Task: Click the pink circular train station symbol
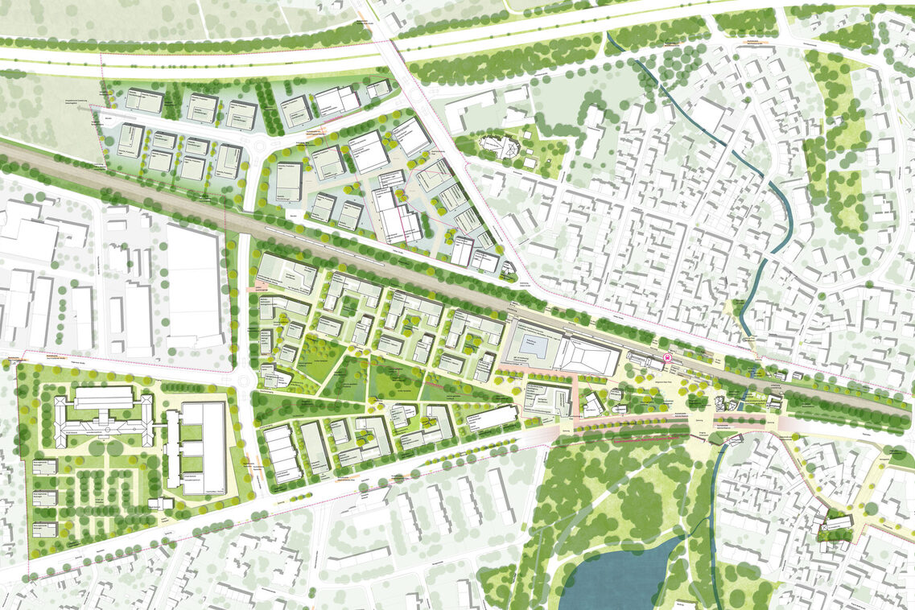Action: coord(666,359)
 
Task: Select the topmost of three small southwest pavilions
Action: coord(45,468)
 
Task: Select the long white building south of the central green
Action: coord(492,417)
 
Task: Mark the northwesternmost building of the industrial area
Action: coord(144,101)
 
